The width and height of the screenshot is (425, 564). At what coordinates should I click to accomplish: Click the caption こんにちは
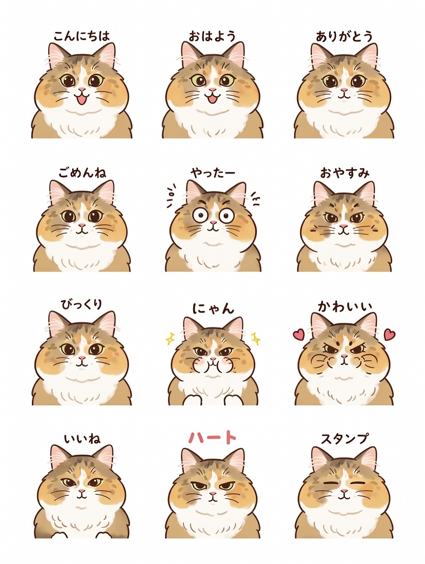click(82, 36)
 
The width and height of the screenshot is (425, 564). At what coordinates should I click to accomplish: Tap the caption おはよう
click(212, 36)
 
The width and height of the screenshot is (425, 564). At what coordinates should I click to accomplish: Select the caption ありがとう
click(344, 36)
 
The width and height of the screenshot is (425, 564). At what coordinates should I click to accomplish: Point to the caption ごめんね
click(83, 173)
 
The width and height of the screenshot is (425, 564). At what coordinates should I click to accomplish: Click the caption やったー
click(213, 173)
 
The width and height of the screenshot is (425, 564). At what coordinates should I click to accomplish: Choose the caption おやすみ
click(345, 173)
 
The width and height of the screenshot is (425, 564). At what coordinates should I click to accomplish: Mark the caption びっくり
click(82, 304)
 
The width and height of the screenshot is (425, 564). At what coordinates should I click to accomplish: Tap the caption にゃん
click(213, 308)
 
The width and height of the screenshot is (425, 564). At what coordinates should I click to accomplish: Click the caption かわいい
click(345, 307)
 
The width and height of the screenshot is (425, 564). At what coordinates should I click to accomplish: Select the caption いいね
click(83, 439)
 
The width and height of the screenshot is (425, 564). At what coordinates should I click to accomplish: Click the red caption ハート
click(213, 437)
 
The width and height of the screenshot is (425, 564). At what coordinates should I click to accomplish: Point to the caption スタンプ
click(345, 438)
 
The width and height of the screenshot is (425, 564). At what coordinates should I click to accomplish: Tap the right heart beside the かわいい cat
click(389, 335)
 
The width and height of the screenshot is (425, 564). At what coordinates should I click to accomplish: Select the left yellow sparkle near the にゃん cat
click(170, 338)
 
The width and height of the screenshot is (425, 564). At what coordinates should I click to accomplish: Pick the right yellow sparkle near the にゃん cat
click(256, 338)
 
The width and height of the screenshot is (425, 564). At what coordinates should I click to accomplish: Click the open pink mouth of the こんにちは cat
click(83, 99)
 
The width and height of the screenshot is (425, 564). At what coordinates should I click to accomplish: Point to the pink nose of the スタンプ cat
click(344, 491)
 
